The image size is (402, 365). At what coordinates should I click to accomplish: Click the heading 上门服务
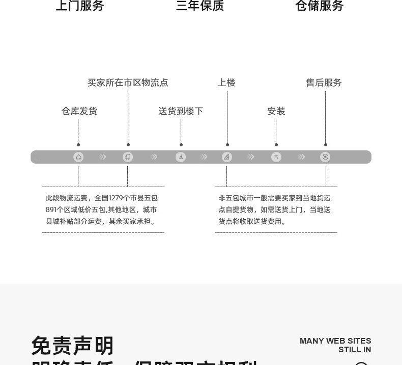coord(80,6)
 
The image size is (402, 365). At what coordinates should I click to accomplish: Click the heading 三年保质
coord(199,6)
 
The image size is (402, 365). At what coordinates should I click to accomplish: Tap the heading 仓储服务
coord(320,6)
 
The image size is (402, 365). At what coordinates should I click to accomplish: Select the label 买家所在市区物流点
coord(128,83)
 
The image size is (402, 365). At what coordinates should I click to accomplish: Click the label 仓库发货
coord(79,111)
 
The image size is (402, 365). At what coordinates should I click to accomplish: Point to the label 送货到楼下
coord(181,111)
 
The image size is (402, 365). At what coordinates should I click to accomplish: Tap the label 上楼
coord(226,83)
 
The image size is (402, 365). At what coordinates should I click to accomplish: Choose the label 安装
coord(276,111)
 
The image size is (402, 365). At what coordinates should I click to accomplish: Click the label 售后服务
coord(324,83)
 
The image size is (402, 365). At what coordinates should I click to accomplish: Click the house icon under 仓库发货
coord(78,157)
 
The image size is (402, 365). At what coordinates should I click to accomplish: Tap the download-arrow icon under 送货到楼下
coord(181,157)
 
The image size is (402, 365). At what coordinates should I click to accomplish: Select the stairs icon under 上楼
coord(227,157)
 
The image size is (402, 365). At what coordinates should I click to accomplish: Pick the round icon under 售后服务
coord(325,157)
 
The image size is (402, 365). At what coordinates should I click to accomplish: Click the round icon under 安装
coord(276,157)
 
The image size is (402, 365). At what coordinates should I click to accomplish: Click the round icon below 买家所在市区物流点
coord(128,157)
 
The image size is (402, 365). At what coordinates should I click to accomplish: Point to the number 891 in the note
coord(51,210)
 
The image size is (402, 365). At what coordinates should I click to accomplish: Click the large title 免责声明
coord(73,346)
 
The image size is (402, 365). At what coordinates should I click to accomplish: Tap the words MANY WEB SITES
coord(335,341)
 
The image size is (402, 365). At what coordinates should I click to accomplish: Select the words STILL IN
coord(355,350)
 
